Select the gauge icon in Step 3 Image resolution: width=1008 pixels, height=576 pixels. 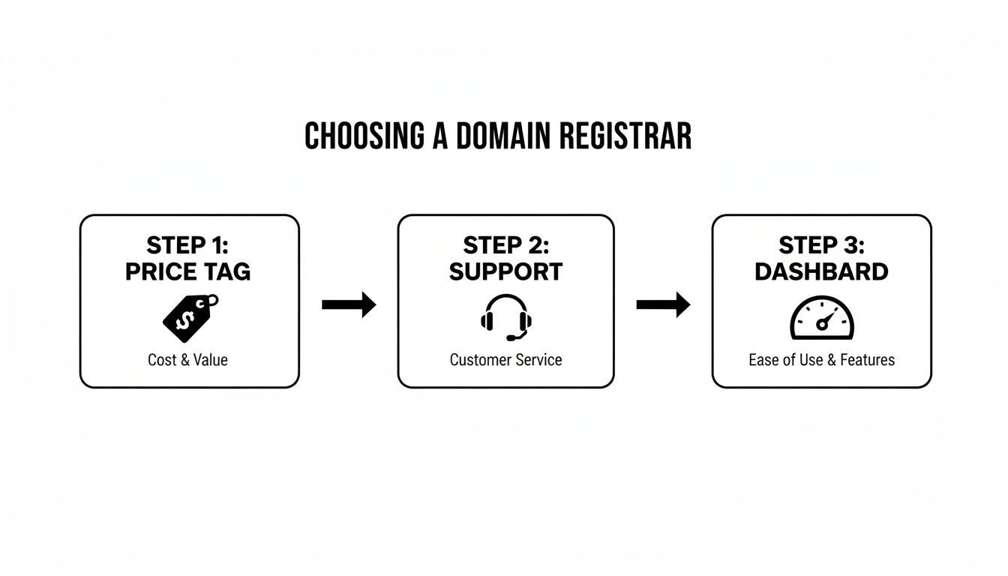822,319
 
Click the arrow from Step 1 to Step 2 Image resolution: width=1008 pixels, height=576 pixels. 349,304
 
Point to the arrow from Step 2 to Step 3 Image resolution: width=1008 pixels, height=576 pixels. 663,304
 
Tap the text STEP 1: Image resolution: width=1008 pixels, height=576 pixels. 188,246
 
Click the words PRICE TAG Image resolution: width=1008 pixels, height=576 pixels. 188,271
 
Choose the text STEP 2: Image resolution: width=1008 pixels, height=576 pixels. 506,246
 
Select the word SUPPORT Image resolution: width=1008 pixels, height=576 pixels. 506,271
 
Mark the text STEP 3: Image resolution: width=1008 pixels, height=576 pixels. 821,246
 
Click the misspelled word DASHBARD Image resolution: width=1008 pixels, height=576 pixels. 821,271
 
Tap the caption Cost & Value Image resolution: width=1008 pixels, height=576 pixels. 187,360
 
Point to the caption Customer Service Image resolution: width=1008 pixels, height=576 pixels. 505,360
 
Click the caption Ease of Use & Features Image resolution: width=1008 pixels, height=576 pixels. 821,360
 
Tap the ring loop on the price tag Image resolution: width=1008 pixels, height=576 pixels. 212,301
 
